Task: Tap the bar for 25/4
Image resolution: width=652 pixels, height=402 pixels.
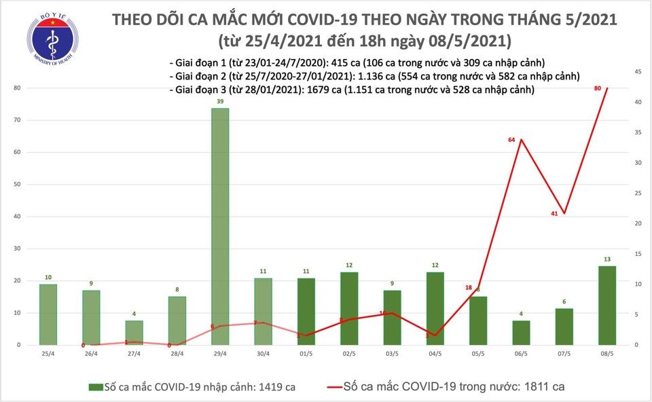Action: point(48,314)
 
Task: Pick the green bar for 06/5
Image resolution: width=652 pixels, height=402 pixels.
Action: point(521,333)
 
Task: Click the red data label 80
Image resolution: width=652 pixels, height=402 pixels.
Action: point(598,88)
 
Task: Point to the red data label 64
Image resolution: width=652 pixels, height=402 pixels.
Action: point(512,140)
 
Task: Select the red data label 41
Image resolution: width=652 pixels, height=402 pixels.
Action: point(554,214)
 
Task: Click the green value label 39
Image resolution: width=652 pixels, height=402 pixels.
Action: point(219,101)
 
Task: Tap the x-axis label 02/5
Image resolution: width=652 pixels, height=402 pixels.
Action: point(348,354)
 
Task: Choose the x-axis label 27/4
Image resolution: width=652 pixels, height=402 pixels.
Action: point(134,354)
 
